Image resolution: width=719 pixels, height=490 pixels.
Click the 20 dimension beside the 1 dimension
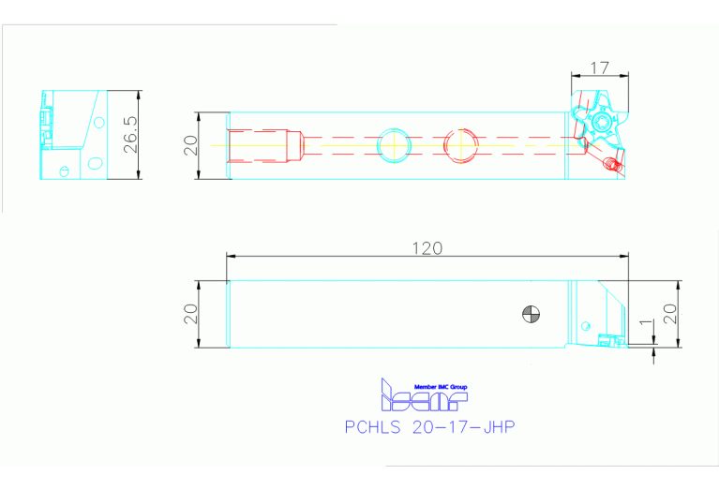pos(669,313)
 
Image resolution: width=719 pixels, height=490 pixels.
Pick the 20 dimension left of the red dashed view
pos(190,145)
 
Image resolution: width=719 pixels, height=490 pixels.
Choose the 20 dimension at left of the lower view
pos(190,313)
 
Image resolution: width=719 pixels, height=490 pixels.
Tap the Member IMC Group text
pos(441,387)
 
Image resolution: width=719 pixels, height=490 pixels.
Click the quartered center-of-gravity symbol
pos(532,315)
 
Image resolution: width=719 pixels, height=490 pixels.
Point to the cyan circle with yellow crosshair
pos(393,145)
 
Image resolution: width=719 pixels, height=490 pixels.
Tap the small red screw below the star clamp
pos(613,166)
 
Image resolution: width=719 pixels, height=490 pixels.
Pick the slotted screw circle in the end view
pos(64,171)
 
